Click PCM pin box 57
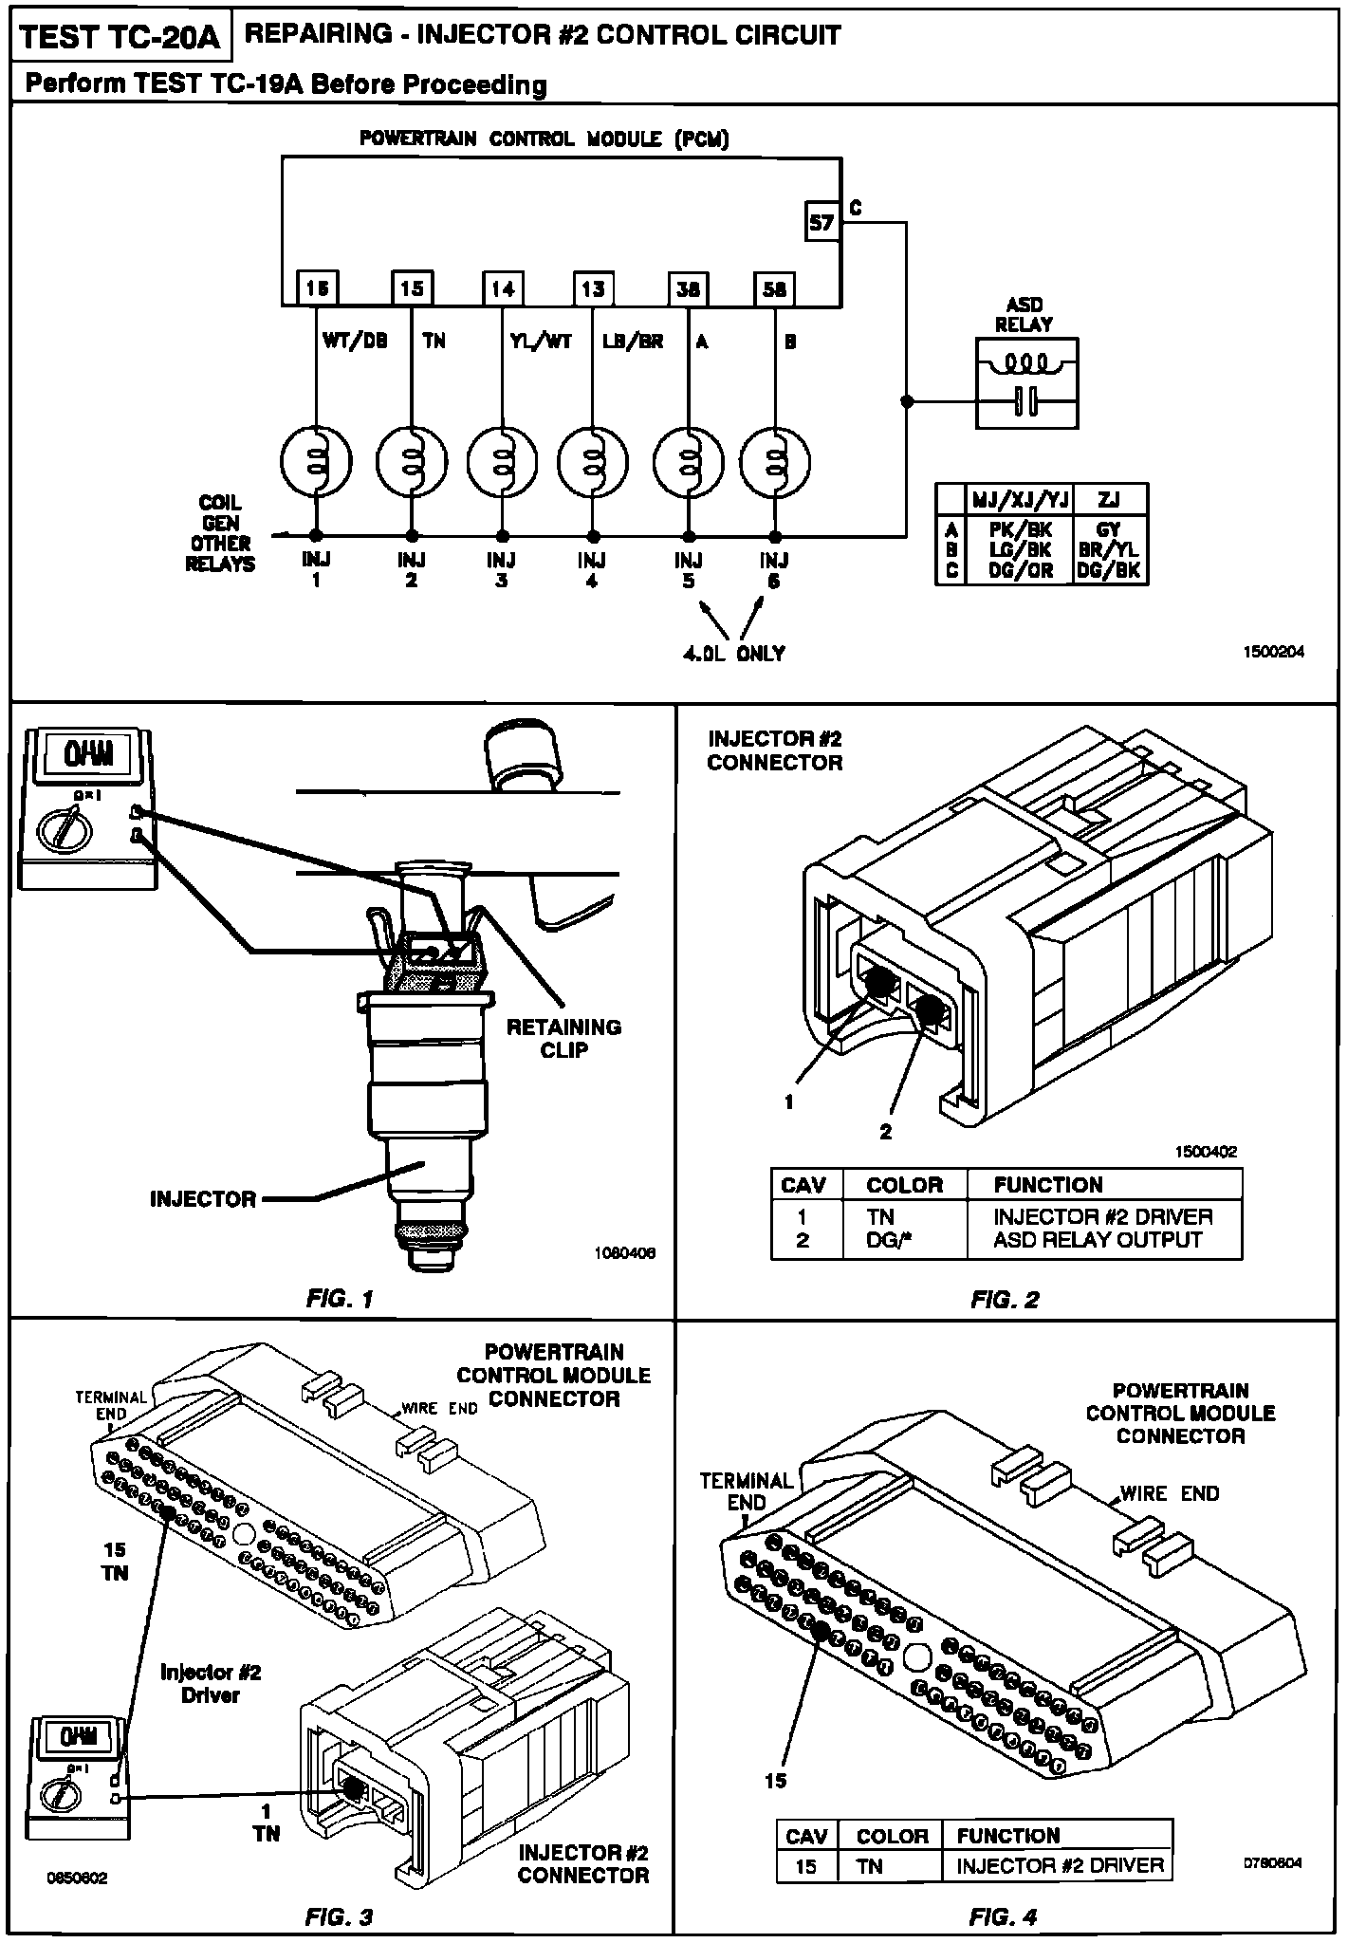coord(821,222)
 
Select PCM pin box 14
coord(503,288)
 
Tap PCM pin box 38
coord(688,288)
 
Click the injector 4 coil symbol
coord(593,462)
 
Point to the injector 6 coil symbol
coord(775,462)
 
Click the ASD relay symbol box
coord(1026,383)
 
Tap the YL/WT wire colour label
coord(540,342)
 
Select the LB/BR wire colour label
coord(633,342)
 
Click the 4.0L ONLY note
coord(734,653)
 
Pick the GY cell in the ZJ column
coord(1108,530)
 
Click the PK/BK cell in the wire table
coord(1019,530)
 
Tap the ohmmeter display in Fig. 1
coord(88,755)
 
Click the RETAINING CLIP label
coord(563,1038)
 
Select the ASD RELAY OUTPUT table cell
coord(1098,1240)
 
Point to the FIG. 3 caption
coord(339,1916)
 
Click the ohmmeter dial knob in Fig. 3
coord(64,1794)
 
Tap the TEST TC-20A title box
coord(120,37)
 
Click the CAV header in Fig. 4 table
coord(806,1836)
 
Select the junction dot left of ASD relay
coord(906,401)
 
